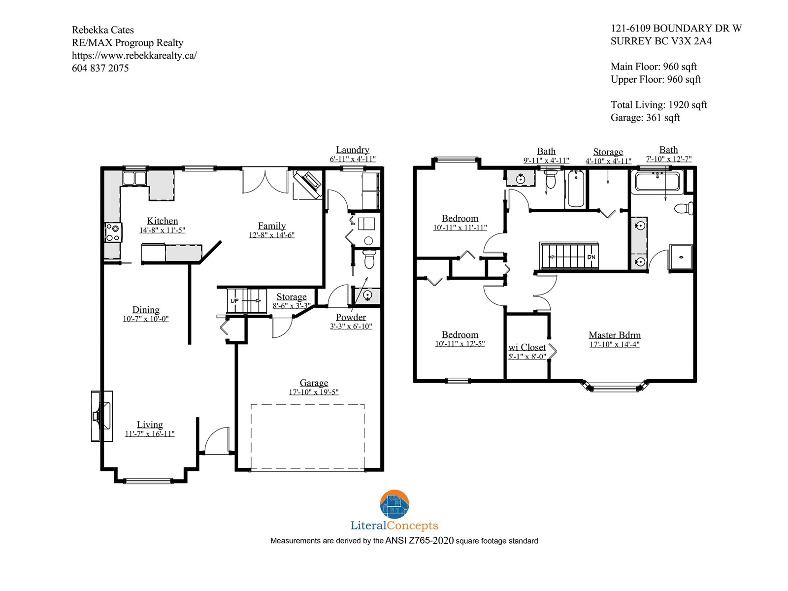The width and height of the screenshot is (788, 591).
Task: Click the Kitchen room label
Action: (x=162, y=221)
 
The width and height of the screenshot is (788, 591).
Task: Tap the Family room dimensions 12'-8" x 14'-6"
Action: (x=272, y=235)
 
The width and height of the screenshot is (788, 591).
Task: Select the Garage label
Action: (x=314, y=383)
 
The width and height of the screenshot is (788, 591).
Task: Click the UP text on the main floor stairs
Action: (x=234, y=301)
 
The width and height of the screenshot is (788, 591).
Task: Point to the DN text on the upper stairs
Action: (x=591, y=257)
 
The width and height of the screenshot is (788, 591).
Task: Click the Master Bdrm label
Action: (x=615, y=335)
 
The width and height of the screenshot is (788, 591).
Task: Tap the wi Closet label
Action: (x=527, y=347)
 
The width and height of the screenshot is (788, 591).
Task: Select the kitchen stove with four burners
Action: (x=113, y=232)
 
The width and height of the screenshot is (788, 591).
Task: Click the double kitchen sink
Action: (x=134, y=178)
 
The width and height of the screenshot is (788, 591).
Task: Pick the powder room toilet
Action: (x=369, y=259)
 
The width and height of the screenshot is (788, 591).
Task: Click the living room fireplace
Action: (x=102, y=416)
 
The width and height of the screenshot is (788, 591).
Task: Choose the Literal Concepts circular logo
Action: (x=394, y=504)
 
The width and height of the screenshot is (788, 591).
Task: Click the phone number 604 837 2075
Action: (x=100, y=68)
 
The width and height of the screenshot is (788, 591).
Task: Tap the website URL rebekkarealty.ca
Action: (x=134, y=56)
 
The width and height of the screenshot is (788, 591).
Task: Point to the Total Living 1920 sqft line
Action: (x=659, y=105)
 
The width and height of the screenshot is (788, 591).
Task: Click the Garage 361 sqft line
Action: (x=645, y=118)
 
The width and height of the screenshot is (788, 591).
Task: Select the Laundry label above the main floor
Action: (x=353, y=150)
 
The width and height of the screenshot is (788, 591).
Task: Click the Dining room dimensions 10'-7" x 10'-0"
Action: (x=146, y=319)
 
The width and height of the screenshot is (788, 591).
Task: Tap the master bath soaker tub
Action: (x=657, y=182)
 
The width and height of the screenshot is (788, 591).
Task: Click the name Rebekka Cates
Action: (x=102, y=30)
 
